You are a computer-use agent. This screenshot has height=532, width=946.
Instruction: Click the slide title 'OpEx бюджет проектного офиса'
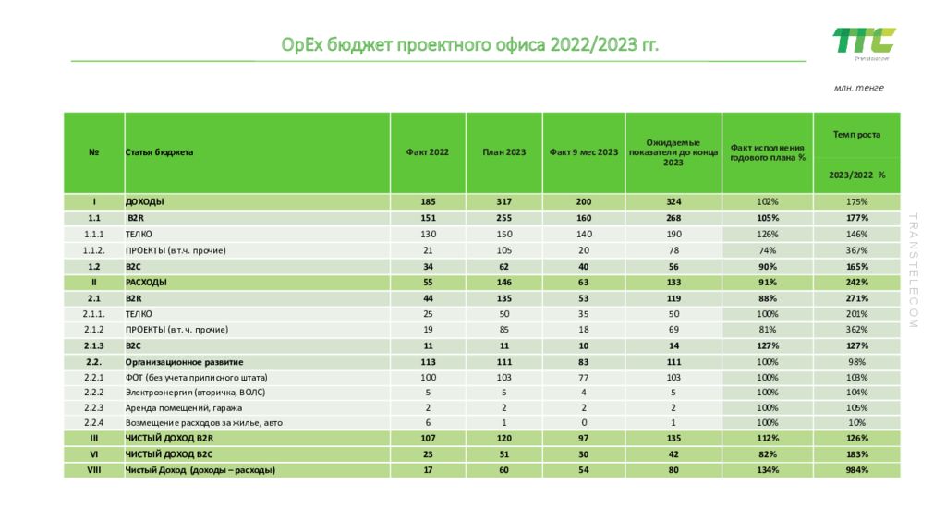pos(470,45)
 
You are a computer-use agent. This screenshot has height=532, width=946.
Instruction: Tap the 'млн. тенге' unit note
pos(858,88)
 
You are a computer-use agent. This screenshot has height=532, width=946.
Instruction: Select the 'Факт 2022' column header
pos(428,152)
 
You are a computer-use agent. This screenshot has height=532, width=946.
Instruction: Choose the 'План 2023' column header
pos(503,152)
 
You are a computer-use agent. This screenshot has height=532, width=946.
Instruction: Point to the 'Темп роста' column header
pos(856,135)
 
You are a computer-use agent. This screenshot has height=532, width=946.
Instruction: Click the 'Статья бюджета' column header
pos(160,152)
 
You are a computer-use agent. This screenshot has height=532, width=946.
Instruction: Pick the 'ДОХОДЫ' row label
pos(145,201)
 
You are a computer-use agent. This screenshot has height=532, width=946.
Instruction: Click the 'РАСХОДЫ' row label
pos(146,282)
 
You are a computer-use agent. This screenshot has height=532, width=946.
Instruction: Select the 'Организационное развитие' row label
pos(190,362)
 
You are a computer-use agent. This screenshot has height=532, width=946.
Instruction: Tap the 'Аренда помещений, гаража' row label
pos(177,406)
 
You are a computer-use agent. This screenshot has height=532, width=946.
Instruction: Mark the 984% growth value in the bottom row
pos(856,470)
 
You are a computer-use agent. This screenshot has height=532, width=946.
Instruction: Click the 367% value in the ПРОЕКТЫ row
pos(856,250)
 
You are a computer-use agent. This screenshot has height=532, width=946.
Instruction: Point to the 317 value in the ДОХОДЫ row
pos(503,201)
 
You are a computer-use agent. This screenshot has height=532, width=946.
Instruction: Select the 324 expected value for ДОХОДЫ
pos(673,201)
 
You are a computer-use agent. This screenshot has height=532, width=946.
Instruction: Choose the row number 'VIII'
pos(94,470)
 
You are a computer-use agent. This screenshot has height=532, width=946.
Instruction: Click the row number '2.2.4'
pos(94,422)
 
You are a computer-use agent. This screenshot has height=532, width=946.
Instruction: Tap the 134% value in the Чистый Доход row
pos(768,470)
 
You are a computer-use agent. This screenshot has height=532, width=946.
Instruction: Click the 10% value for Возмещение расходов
pos(856,422)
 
